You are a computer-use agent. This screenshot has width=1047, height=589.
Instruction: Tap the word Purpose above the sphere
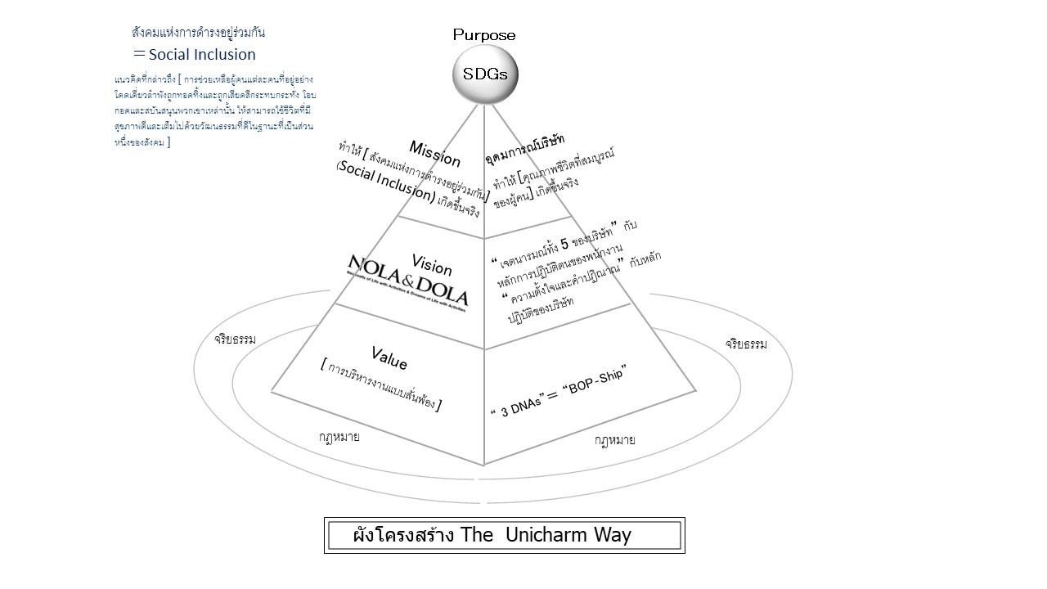click(485, 35)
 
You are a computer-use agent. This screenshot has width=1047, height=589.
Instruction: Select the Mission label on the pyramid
click(435, 154)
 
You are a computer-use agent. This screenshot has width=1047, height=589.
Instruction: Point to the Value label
click(389, 357)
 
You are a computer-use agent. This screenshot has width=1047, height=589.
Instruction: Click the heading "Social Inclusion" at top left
click(201, 55)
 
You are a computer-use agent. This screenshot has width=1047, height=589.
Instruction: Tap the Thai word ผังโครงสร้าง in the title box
click(404, 536)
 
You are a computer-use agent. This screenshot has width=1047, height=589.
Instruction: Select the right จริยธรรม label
click(746, 344)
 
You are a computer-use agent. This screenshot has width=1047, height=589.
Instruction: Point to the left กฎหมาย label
click(339, 437)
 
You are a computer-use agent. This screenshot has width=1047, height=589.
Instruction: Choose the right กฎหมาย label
click(615, 440)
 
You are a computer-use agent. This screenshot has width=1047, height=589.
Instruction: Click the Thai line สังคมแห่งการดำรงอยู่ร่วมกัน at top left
click(199, 33)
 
